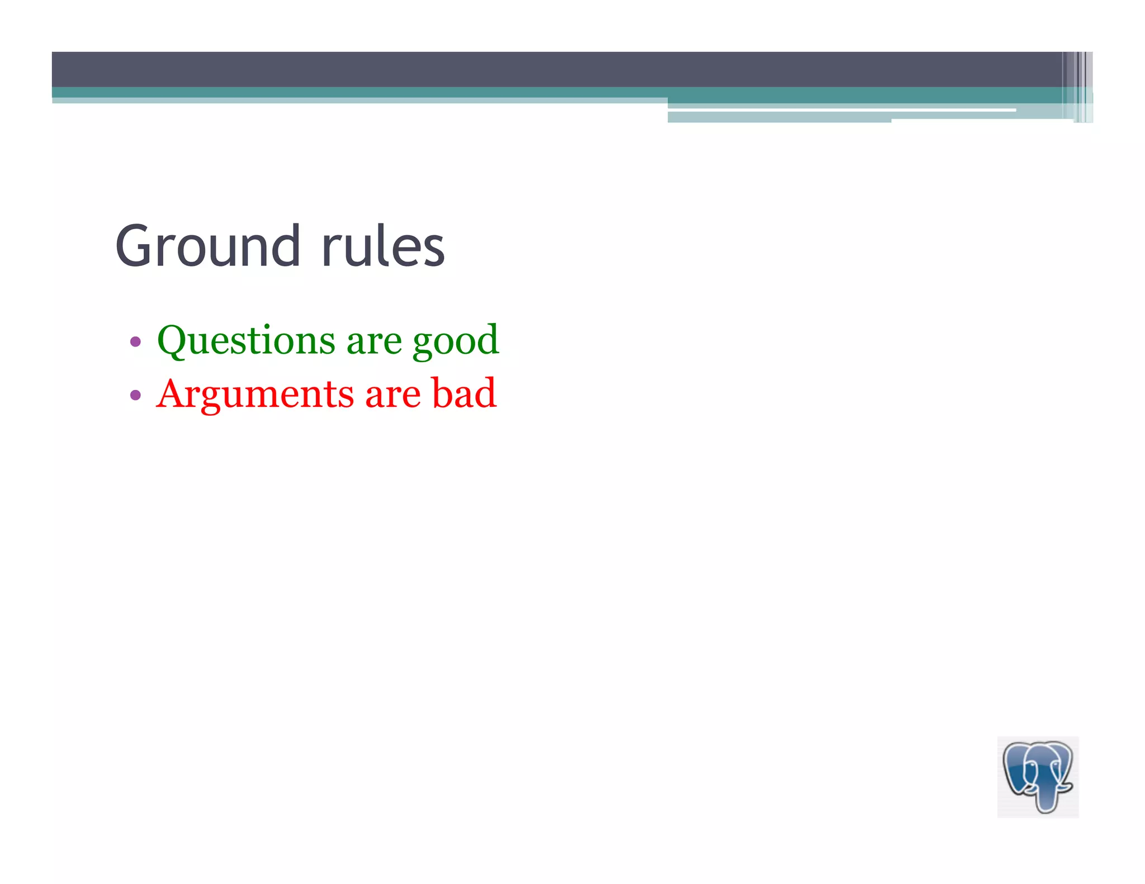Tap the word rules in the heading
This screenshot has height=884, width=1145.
[x=383, y=246]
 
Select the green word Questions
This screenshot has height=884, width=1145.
[x=247, y=340]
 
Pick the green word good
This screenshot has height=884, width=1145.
[x=456, y=341]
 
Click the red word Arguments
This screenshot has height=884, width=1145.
[x=255, y=395]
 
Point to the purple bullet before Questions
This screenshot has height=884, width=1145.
[x=135, y=341]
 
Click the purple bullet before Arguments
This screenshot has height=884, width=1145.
[x=135, y=396]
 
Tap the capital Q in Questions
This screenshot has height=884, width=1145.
[x=175, y=340]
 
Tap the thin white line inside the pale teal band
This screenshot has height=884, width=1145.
[x=839, y=110]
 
